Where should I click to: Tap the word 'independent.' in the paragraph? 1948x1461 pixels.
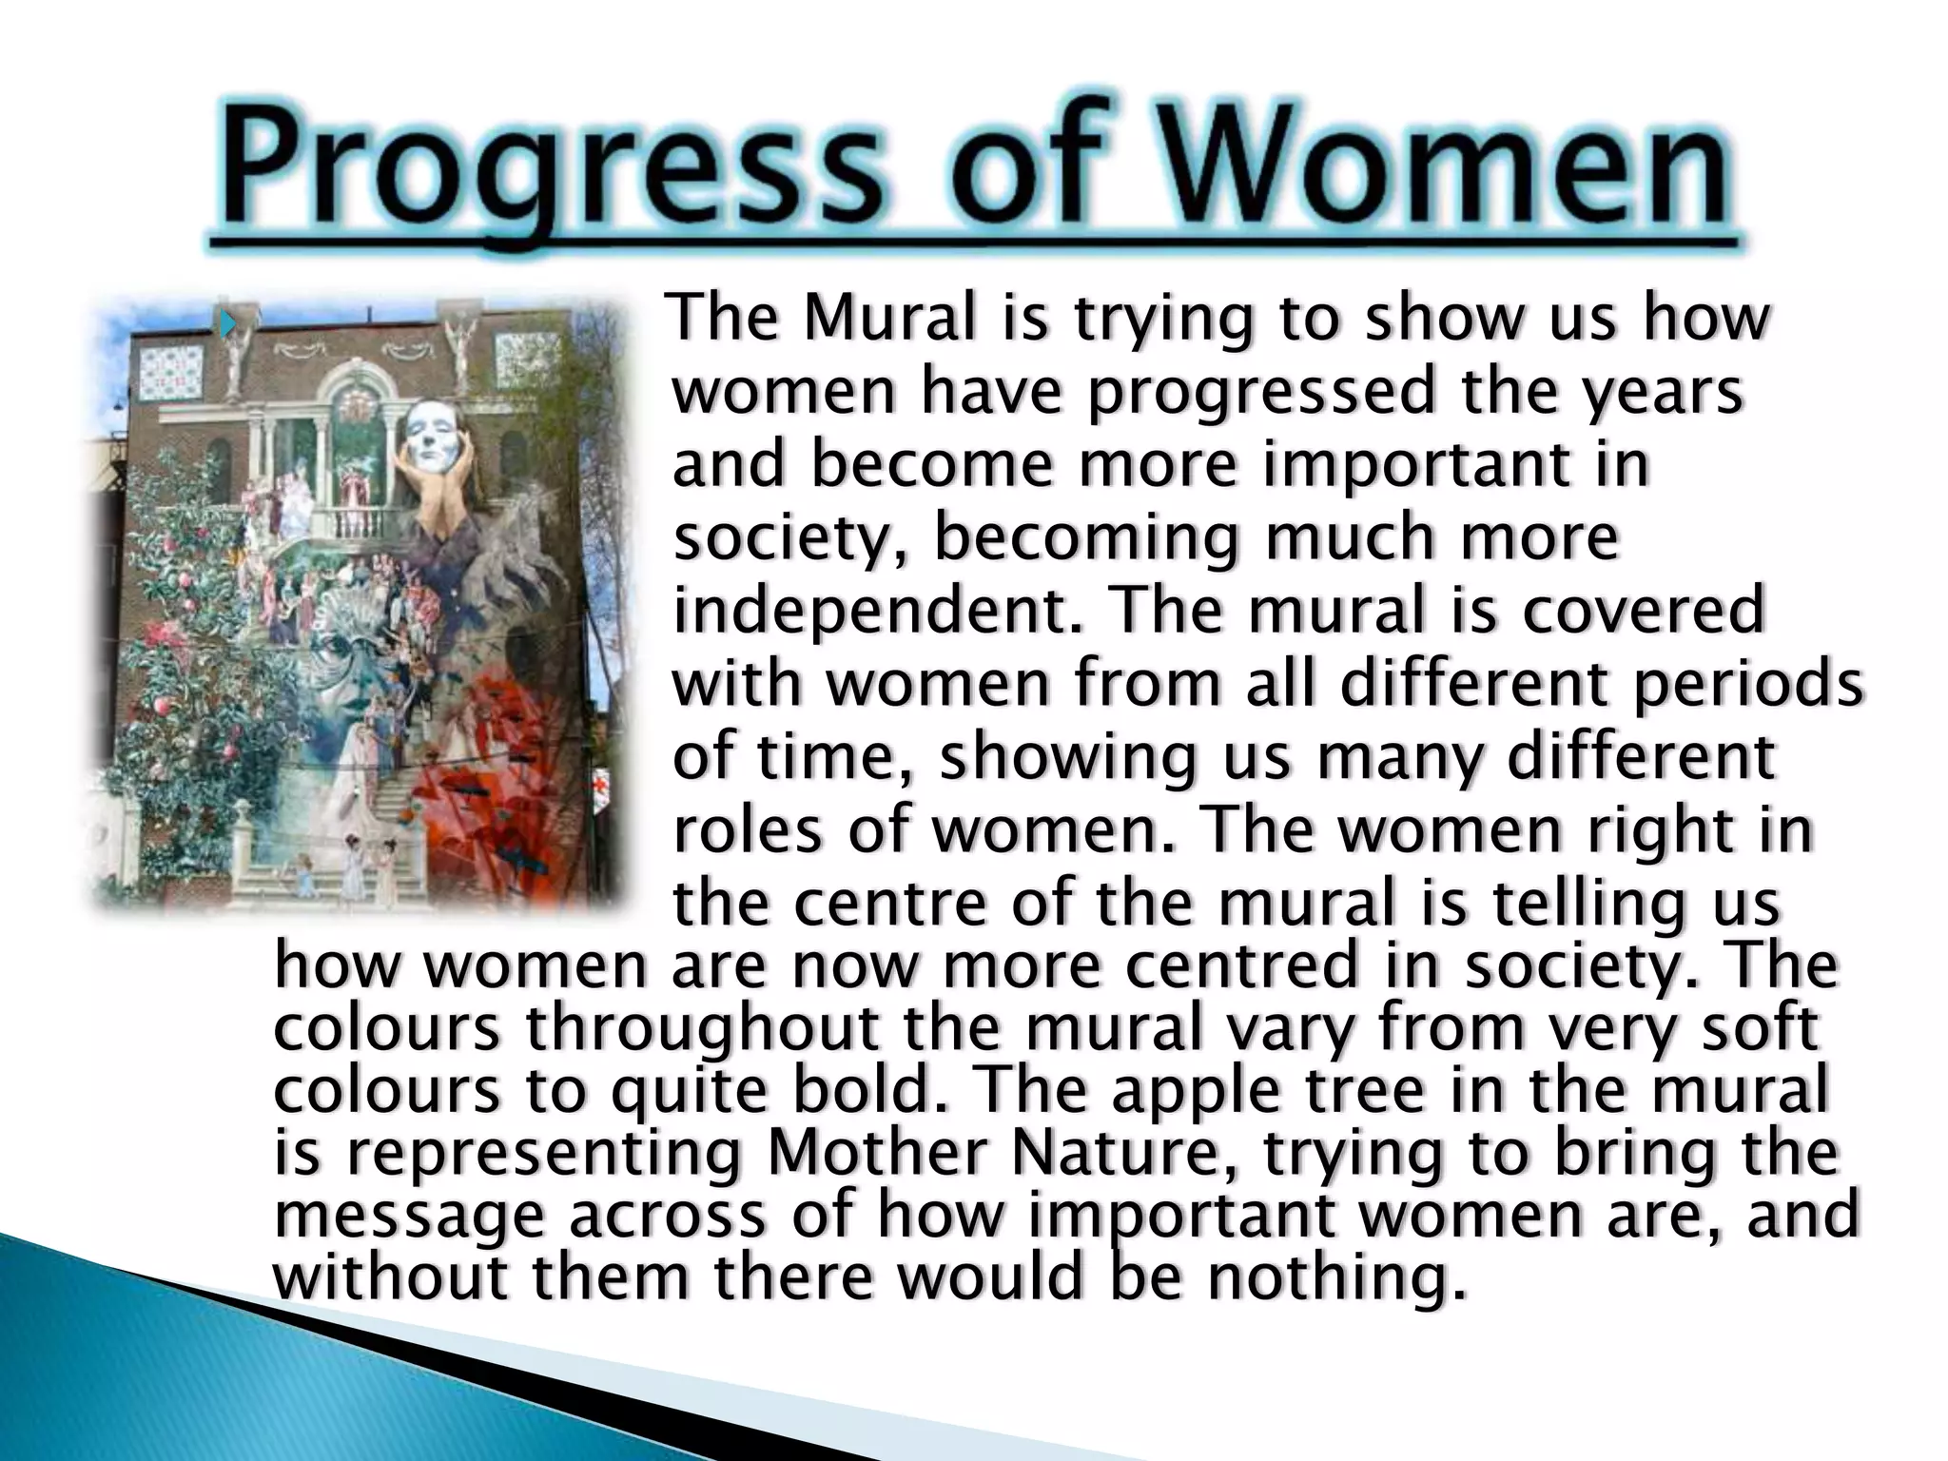click(879, 610)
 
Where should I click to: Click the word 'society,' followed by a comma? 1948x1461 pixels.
click(793, 538)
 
